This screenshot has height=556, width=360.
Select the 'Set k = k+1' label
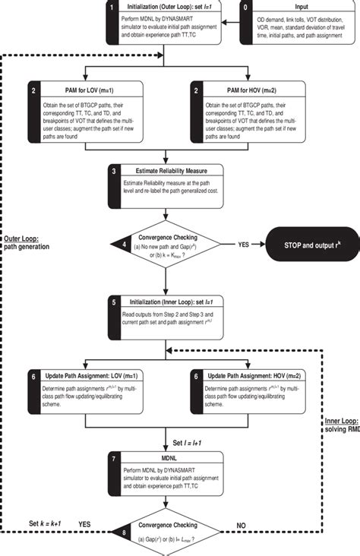43,525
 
